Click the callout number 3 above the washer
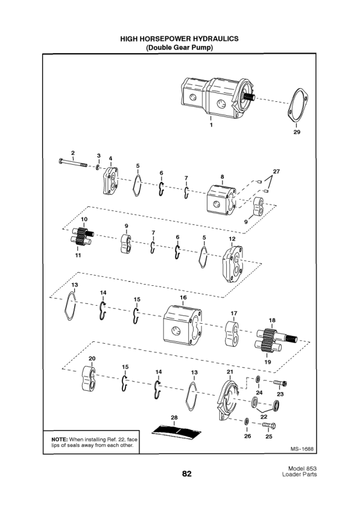pyautogui.click(x=99, y=156)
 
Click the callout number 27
pyautogui.click(x=276, y=171)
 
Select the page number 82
pyautogui.click(x=187, y=474)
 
